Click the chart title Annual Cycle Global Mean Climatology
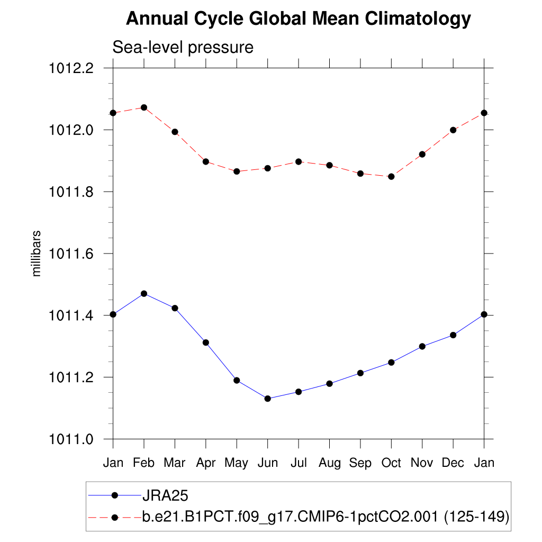click(298, 19)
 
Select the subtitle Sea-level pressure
click(183, 48)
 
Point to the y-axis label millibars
click(37, 254)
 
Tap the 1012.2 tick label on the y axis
click(71, 68)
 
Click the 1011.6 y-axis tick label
click(71, 254)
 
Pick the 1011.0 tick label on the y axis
click(71, 439)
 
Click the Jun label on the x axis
click(267, 463)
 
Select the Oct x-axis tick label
click(391, 463)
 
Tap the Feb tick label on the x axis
click(143, 463)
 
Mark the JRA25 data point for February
click(143, 293)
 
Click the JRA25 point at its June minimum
click(267, 399)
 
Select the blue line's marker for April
click(205, 342)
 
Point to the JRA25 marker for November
click(422, 346)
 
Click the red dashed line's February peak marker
click(143, 107)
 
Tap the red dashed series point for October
click(391, 176)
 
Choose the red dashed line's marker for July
click(299, 161)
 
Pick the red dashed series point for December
click(453, 130)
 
